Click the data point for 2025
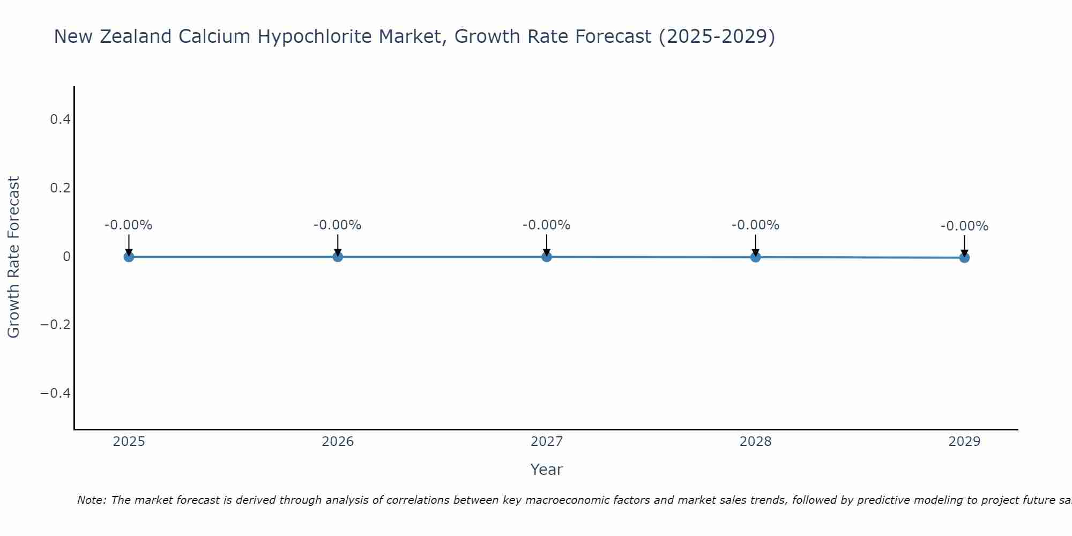tap(129, 257)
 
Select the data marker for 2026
tap(338, 257)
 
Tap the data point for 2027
tap(547, 257)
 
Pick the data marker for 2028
tap(755, 257)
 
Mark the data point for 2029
tap(964, 258)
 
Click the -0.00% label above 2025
tap(129, 225)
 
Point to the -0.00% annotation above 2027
tap(547, 225)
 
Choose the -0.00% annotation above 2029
tap(964, 226)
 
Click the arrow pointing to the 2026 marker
tap(338, 244)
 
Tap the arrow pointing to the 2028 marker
tap(755, 244)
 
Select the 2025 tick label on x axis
tap(129, 442)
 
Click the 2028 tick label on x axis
tap(755, 442)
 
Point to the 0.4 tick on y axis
tap(60, 120)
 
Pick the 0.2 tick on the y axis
tap(60, 188)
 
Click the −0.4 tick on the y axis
tap(56, 393)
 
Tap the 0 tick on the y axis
tap(66, 257)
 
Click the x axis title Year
tap(546, 470)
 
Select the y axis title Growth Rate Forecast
tap(13, 257)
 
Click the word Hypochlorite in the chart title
tap(315, 36)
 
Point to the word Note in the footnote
tap(92, 500)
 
